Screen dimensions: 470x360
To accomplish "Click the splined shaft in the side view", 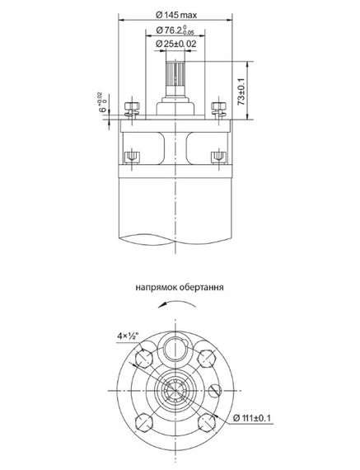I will tap(175, 79).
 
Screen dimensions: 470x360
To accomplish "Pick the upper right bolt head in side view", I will tap(219, 110).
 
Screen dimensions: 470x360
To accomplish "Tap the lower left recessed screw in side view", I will tap(131, 156).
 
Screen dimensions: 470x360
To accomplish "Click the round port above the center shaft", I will tap(175, 347).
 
